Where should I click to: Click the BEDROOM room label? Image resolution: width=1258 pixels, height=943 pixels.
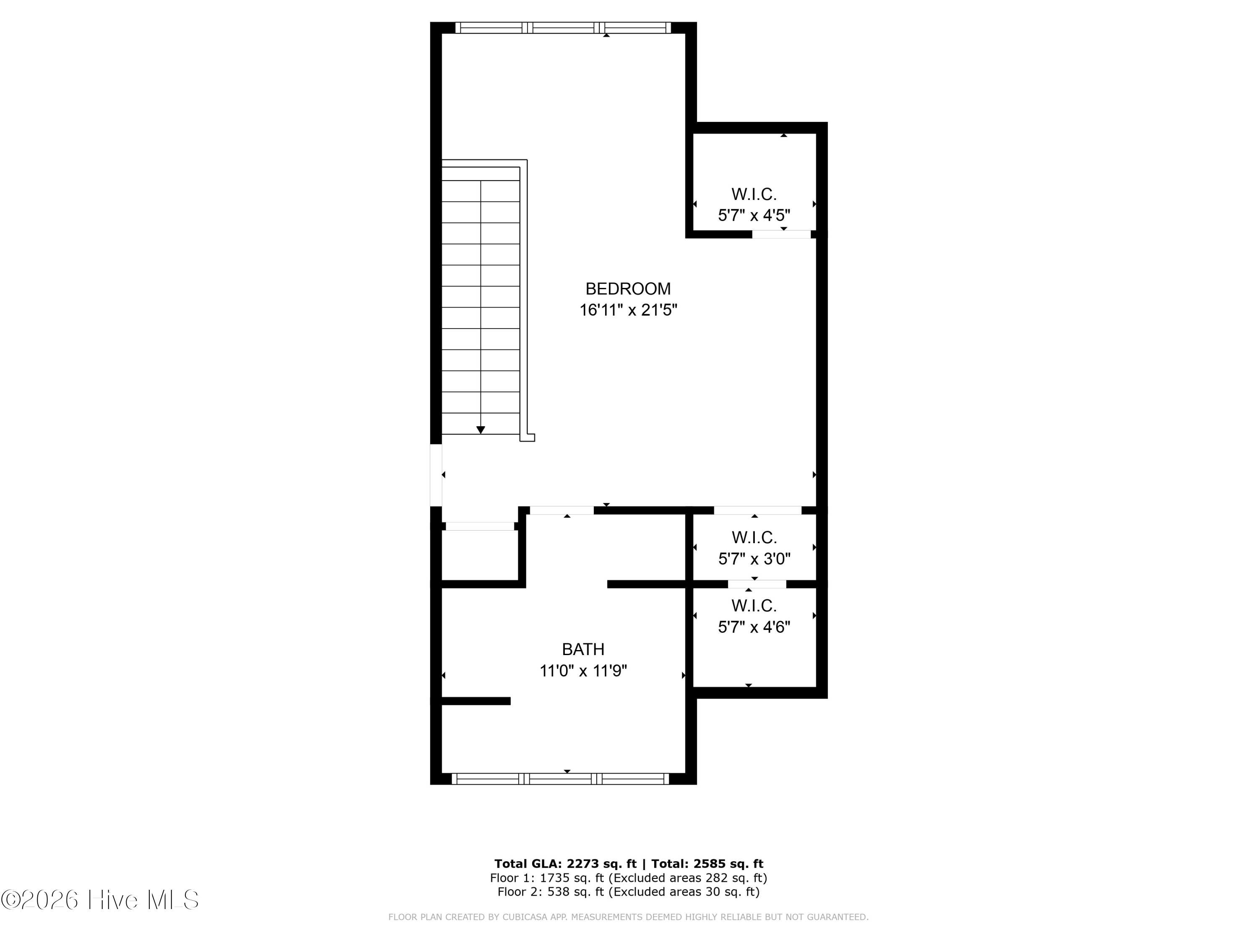(x=628, y=289)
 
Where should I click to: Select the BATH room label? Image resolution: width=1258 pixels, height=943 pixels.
(x=583, y=649)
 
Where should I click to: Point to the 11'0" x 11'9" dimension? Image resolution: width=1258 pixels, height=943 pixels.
(x=583, y=671)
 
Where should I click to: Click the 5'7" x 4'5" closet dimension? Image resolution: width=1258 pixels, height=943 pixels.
(x=754, y=215)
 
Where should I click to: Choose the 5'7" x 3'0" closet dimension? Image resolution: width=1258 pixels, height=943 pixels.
(x=754, y=559)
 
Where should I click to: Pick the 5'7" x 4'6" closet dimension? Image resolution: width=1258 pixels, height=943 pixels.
(x=754, y=627)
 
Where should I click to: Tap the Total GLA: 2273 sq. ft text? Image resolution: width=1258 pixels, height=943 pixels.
(x=565, y=864)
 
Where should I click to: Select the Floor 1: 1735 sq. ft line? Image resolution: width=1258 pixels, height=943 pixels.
(x=629, y=878)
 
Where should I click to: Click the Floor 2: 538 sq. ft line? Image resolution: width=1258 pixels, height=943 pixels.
(x=629, y=891)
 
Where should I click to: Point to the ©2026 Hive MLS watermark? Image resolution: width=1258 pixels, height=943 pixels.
(x=100, y=900)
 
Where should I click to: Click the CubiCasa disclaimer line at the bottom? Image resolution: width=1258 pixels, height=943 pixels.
(x=629, y=917)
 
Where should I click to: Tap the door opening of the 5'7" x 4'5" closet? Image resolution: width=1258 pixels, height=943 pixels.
(x=781, y=234)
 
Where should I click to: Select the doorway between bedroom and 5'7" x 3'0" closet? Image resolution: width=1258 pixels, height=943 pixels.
(x=758, y=510)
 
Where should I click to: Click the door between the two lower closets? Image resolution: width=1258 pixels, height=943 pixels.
(x=757, y=584)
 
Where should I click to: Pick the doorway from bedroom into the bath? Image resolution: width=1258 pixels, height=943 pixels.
(x=562, y=510)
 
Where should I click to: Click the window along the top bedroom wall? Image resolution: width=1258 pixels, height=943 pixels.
(x=563, y=28)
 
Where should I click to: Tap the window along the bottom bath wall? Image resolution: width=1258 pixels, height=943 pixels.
(x=560, y=779)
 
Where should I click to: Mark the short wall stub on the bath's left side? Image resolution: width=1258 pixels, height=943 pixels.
(x=476, y=701)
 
